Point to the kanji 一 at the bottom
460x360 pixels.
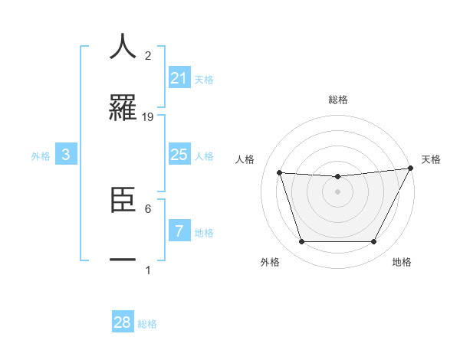coord(123,260)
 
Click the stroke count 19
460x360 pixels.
coord(148,116)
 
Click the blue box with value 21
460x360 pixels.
coord(179,78)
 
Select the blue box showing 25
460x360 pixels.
coord(179,155)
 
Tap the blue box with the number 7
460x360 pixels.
coord(179,231)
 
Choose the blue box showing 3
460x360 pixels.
coord(66,155)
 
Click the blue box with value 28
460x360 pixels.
coord(123,322)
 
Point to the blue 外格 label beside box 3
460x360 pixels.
coord(41,156)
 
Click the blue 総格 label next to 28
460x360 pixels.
coord(147,324)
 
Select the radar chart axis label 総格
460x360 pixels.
coord(337,100)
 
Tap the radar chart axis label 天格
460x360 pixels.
coord(431,159)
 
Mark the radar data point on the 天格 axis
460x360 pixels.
coord(411,169)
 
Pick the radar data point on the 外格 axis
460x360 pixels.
coord(301,242)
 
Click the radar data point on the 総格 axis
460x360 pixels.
coord(337,177)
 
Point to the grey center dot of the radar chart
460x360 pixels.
coord(337,191)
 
